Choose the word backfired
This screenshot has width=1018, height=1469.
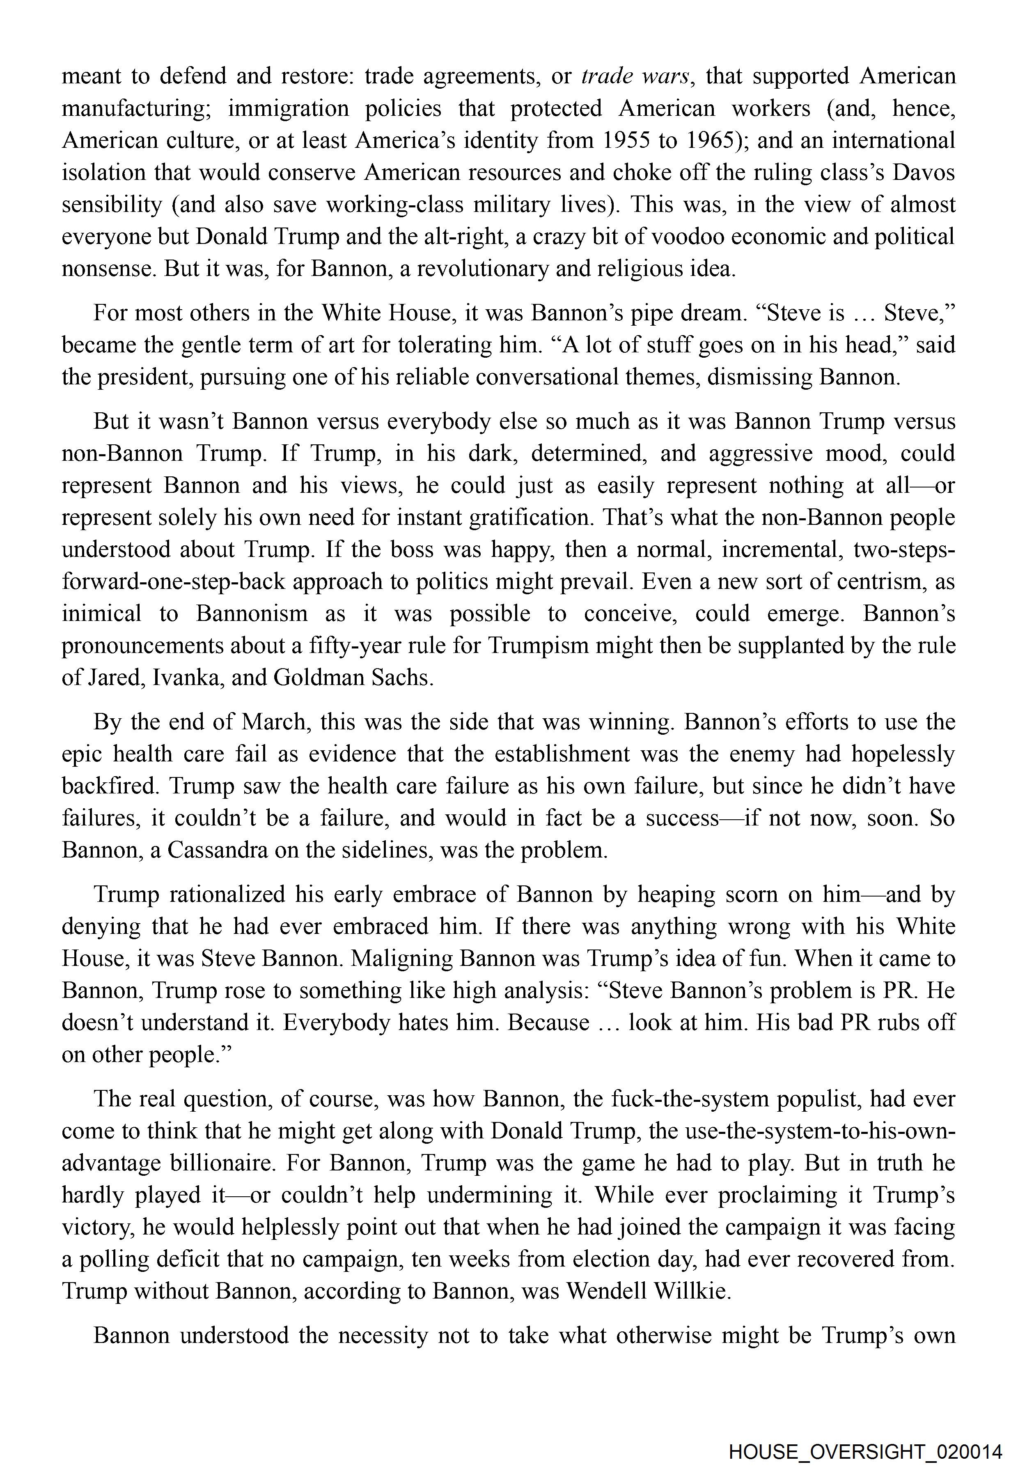point(110,786)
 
